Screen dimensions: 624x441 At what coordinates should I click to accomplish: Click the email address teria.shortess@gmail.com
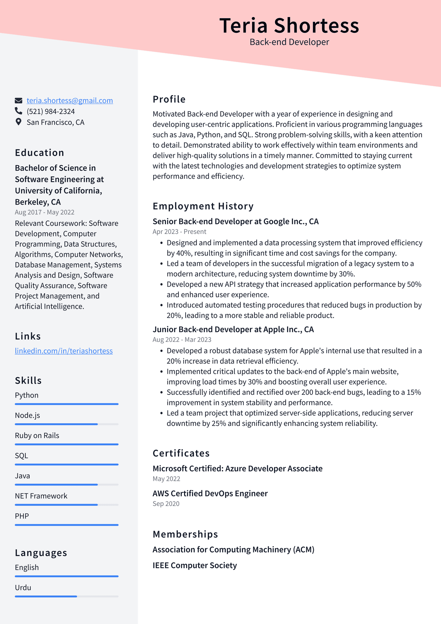tap(70, 100)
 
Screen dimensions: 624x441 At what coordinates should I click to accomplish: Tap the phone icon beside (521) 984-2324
tap(18, 111)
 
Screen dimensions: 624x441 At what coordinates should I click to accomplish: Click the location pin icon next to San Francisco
tap(18, 122)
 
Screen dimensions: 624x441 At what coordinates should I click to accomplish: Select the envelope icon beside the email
tap(18, 100)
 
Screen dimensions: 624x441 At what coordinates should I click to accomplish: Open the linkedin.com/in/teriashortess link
tap(64, 351)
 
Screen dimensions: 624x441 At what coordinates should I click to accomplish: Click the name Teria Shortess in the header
tap(289, 25)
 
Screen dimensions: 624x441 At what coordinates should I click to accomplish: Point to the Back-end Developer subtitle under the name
tap(289, 42)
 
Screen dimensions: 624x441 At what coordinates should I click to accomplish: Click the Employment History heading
tap(203, 206)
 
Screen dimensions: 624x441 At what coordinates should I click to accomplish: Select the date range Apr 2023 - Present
tap(179, 232)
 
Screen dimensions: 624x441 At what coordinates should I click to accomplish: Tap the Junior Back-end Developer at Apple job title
tap(233, 329)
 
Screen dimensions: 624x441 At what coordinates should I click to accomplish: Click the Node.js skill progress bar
tap(67, 424)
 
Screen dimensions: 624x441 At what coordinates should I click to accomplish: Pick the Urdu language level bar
tap(67, 596)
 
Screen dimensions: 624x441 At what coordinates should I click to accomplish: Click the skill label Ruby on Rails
tap(37, 435)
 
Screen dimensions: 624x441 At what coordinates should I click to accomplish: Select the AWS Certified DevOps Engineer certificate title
tap(210, 493)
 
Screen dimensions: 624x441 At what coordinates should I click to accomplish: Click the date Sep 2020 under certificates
tap(166, 503)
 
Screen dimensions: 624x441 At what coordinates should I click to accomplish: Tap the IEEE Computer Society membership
tap(194, 565)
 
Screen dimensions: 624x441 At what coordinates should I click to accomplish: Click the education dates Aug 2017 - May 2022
tap(45, 212)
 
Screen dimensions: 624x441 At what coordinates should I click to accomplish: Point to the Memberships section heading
tap(185, 534)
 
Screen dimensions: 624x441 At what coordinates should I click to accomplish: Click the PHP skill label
tap(22, 516)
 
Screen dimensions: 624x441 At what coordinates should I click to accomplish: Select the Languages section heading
tap(41, 553)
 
